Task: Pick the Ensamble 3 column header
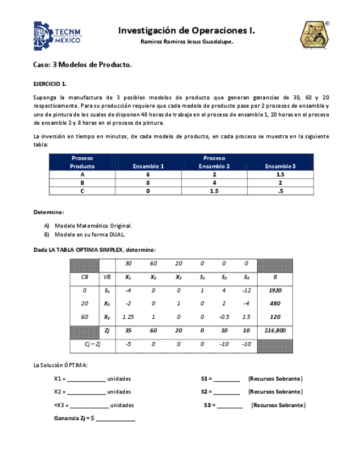[280, 166]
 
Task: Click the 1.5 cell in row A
[280, 174]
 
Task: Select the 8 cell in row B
[148, 182]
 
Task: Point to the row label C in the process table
[82, 191]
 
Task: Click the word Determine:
[48, 212]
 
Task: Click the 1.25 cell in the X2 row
[129, 317]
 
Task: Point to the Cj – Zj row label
[92, 344]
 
